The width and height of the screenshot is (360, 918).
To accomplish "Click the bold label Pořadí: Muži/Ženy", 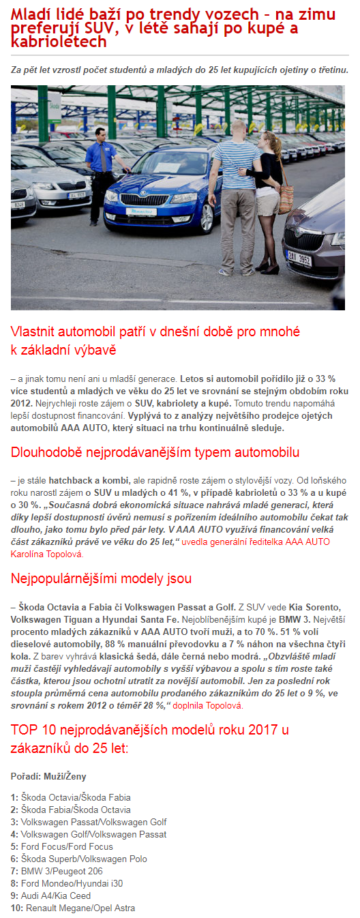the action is pos(48,776).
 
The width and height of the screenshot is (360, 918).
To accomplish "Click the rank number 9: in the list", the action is pos(14,895).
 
